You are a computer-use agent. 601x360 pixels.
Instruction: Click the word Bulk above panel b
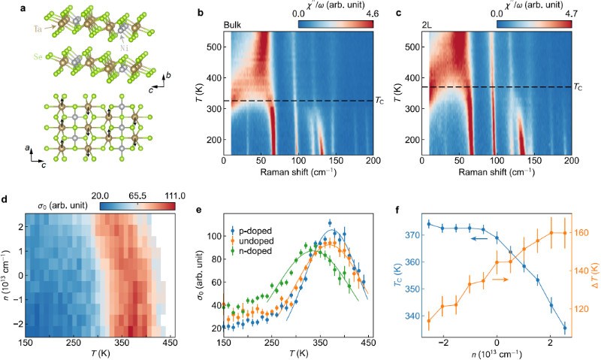(x=233, y=25)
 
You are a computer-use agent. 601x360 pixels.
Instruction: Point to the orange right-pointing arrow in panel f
(x=494, y=278)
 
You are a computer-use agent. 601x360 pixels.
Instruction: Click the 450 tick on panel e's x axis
(x=334, y=342)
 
